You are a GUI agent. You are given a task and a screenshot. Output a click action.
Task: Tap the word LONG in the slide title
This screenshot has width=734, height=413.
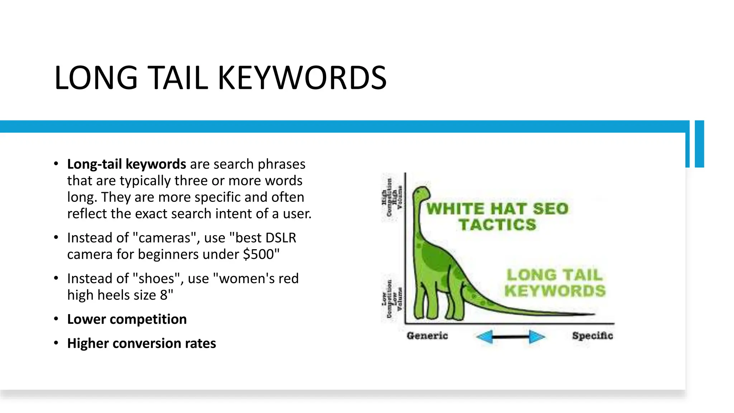pyautogui.click(x=96, y=78)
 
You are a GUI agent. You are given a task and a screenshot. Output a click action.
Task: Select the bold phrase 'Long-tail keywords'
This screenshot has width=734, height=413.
pyautogui.click(x=127, y=164)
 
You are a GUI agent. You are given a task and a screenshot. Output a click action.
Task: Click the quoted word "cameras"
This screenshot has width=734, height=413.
pyautogui.click(x=164, y=238)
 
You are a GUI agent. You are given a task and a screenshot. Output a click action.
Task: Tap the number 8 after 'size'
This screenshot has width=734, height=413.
pyautogui.click(x=164, y=295)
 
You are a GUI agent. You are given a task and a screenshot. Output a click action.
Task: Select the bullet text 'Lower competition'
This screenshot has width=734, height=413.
pyautogui.click(x=127, y=319)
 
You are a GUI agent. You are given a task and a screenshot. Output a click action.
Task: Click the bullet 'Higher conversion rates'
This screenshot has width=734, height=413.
pyautogui.click(x=142, y=343)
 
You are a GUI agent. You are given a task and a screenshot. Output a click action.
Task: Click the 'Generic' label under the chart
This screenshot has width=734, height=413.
pyautogui.click(x=427, y=336)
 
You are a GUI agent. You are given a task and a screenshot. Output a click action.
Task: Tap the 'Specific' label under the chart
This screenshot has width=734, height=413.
pyautogui.click(x=592, y=336)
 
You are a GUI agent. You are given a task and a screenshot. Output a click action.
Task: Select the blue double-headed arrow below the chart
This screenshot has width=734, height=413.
pyautogui.click(x=510, y=337)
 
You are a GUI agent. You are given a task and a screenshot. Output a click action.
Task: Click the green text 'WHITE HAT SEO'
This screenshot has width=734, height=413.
pyautogui.click(x=497, y=209)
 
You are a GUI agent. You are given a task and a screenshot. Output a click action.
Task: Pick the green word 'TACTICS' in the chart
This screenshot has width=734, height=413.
pyautogui.click(x=497, y=225)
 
